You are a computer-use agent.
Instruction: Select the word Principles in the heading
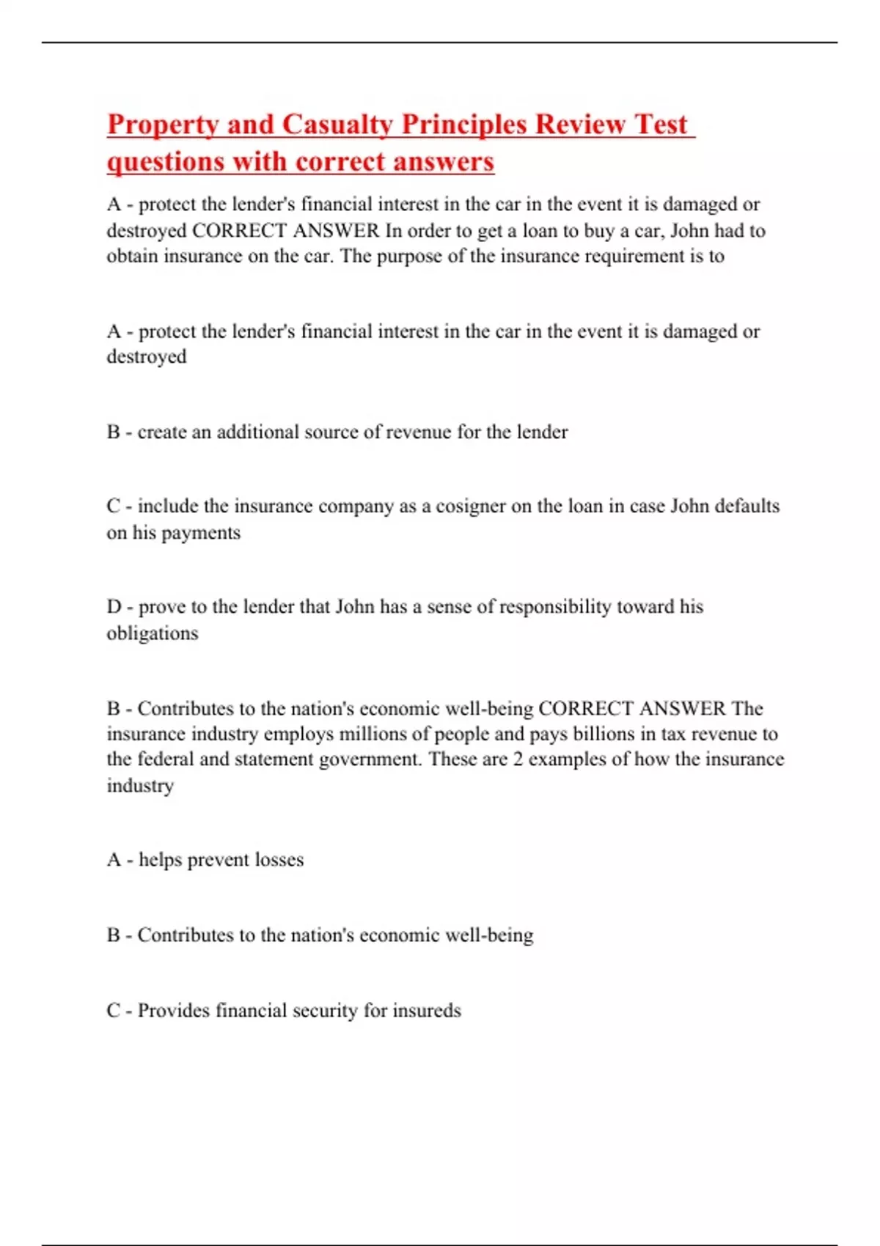pos(464,125)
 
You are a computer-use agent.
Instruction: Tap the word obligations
pos(153,633)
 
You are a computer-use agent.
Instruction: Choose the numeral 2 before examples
pos(518,759)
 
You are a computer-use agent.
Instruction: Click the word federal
pos(166,759)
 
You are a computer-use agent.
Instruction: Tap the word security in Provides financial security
pos(325,1011)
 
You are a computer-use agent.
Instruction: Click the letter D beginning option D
pos(114,607)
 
